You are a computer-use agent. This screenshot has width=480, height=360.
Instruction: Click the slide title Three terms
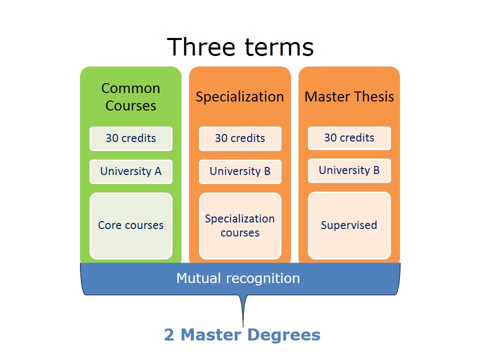coord(240,47)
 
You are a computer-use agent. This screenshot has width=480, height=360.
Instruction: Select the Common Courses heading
coord(130,96)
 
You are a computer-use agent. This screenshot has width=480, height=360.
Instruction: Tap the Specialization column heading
coord(239,96)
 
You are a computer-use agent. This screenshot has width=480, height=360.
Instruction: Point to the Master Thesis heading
coord(349,96)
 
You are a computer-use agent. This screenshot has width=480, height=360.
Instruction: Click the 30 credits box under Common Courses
coord(130,138)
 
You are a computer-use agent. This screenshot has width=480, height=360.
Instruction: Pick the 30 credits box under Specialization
coord(240,138)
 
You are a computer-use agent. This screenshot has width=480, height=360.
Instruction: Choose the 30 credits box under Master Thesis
coord(349,137)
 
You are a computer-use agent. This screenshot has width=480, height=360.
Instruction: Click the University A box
coord(130,171)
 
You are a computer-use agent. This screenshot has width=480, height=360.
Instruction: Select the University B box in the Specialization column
coord(240,171)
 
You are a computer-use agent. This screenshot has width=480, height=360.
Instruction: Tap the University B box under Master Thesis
coord(349,170)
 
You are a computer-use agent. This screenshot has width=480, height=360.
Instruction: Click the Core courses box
coord(130,225)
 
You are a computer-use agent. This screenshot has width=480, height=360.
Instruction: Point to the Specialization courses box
coord(240,225)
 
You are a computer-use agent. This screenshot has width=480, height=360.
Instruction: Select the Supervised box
coord(349,225)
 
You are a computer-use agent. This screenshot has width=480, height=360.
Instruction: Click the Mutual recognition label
coord(238,278)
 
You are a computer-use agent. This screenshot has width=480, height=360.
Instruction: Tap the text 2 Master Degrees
coord(242,334)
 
